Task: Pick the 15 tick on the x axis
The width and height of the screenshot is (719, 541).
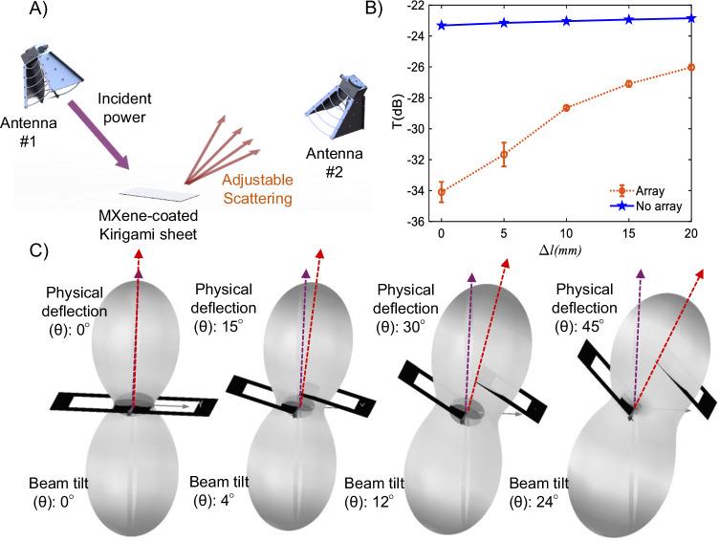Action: (x=628, y=233)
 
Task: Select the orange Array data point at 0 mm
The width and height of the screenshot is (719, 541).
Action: (x=442, y=192)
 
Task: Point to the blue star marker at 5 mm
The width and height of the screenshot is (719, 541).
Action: (x=504, y=23)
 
